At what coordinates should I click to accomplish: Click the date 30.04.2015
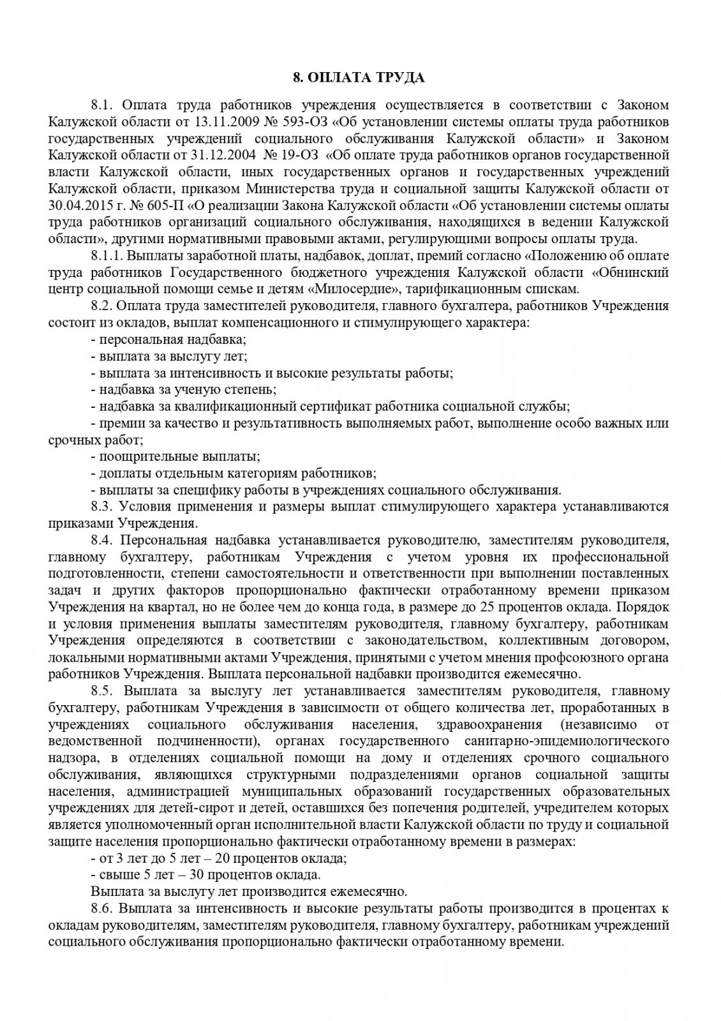pyautogui.click(x=76, y=205)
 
